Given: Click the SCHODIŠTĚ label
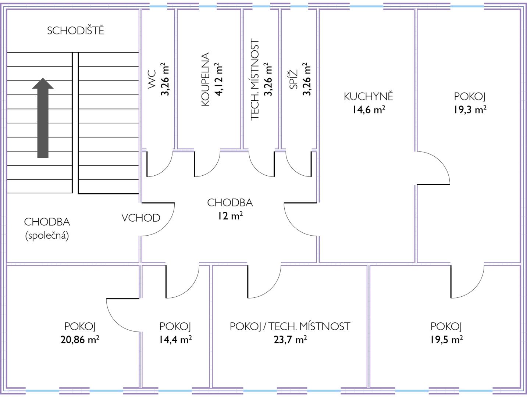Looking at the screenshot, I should point(75,31).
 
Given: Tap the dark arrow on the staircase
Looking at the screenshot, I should point(43,118).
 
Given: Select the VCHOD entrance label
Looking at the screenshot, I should point(141,218).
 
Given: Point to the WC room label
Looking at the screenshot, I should point(152,80).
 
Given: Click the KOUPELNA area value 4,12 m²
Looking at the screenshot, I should point(219,79).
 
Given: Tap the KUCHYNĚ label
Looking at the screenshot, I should point(368,96).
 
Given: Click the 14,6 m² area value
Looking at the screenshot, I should point(368,110).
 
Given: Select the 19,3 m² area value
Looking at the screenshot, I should point(470,110).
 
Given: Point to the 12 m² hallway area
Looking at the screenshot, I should point(229,216).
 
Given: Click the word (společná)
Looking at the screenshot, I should point(47,235).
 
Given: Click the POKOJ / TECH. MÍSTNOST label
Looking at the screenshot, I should point(290,326).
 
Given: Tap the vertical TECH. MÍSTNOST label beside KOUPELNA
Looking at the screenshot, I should point(254,80).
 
